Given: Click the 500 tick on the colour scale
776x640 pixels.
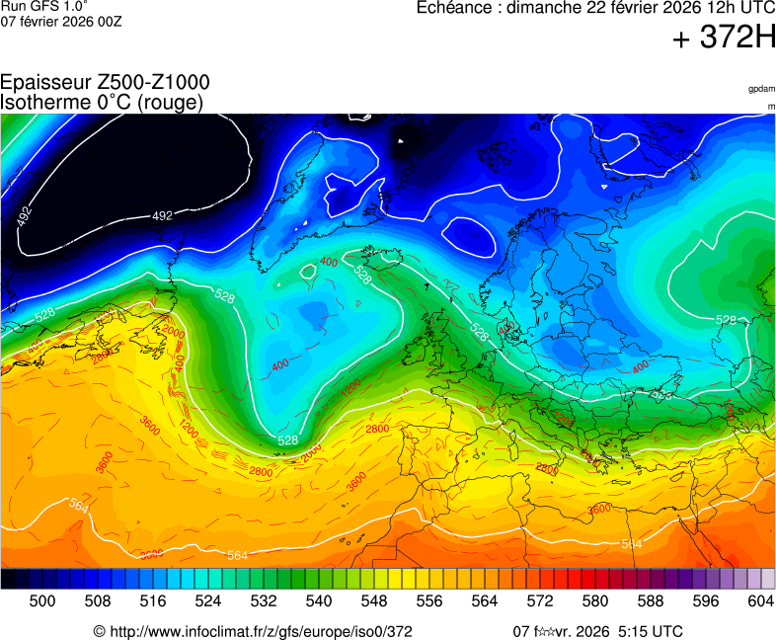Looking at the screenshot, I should coord(42,600).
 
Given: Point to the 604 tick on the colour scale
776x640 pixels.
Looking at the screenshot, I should coord(760,600).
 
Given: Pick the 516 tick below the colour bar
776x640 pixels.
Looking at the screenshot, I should coord(153,600).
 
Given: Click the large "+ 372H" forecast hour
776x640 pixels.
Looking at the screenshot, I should coord(724,39).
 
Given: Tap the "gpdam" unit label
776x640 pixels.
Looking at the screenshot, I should coord(761,89).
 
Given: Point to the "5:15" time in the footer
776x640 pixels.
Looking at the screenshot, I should coord(636,631).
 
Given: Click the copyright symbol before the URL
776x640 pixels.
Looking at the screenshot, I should coord(99,631).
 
